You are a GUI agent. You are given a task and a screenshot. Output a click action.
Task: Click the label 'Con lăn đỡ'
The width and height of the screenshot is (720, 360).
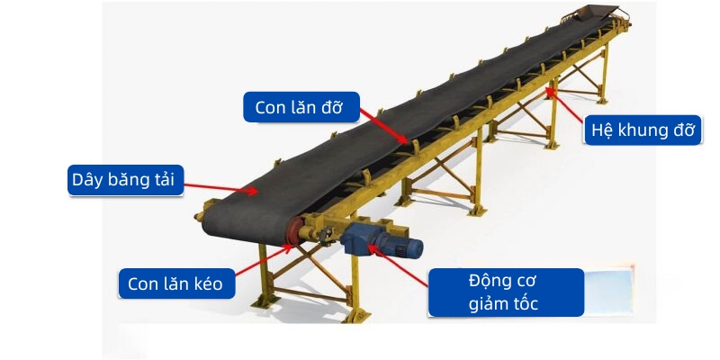coord(300,107)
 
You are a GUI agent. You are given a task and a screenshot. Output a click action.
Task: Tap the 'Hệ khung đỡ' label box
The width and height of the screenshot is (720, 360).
coord(643,130)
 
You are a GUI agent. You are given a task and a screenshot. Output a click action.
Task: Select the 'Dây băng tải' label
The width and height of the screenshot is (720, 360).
coord(126,180)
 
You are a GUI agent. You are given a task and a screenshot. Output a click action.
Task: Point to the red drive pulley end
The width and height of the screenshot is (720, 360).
coord(292,232)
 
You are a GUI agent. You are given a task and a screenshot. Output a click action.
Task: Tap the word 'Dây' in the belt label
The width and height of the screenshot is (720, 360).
coord(87,180)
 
